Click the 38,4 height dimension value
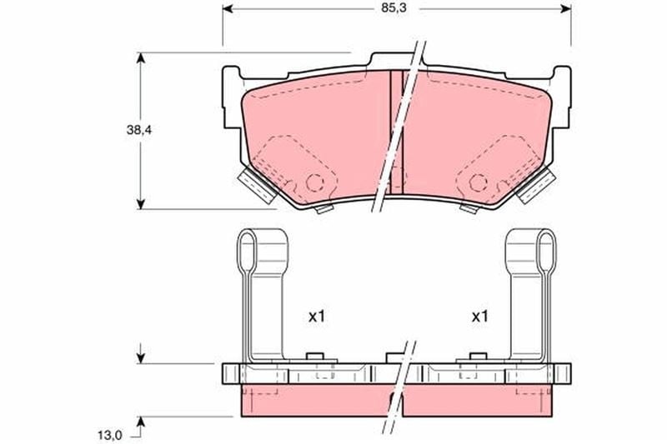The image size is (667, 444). pos(138,131)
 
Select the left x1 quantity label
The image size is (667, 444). pos(317,316)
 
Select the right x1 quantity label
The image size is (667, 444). pos(480,316)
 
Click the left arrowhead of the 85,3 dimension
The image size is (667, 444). pos(228,8)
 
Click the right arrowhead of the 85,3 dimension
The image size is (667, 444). pos(566,8)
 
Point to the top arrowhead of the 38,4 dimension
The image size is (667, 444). pos(140,57)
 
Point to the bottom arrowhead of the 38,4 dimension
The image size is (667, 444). pos(140,203)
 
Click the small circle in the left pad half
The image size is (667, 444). pos(315,182)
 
